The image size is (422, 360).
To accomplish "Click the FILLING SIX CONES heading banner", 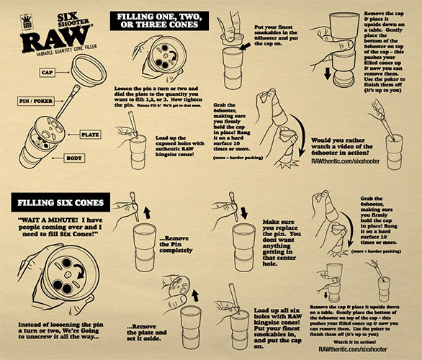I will [x=58, y=203].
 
